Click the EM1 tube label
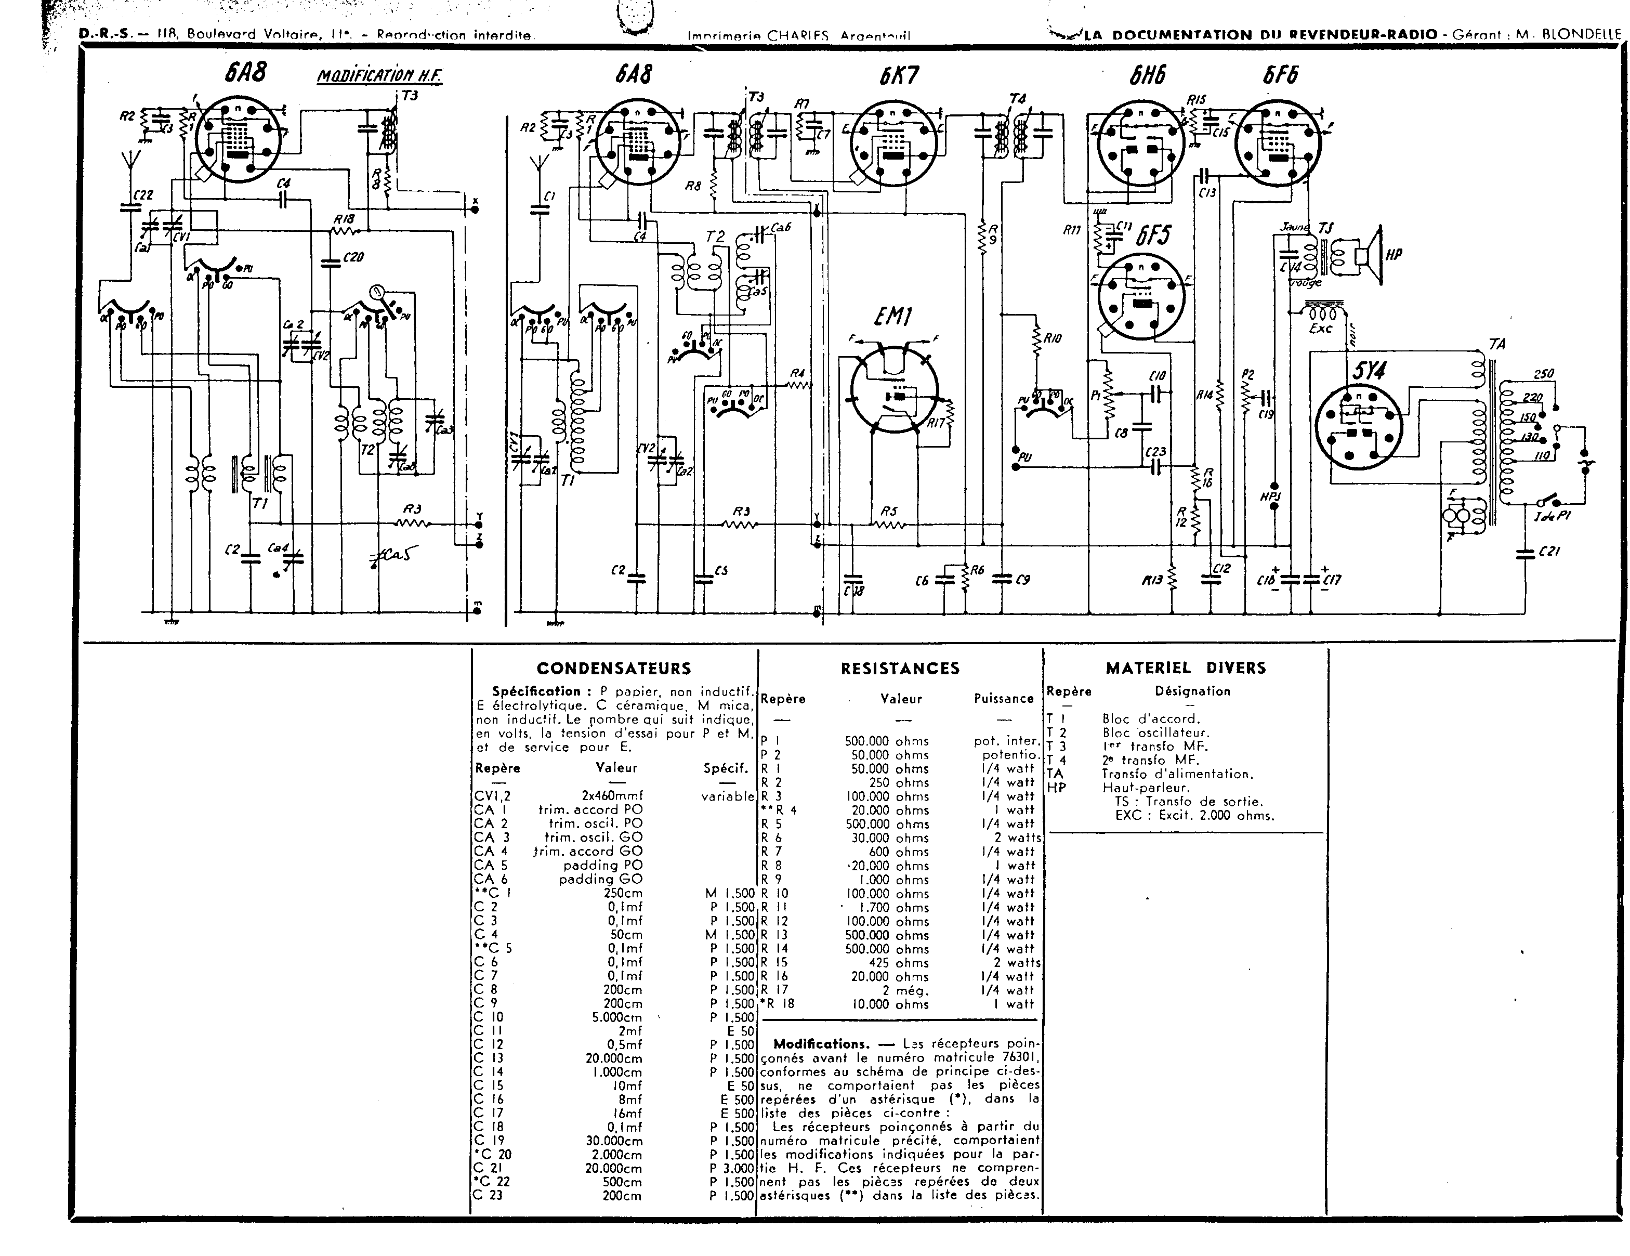click(x=893, y=319)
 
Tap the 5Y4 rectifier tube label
click(x=1368, y=371)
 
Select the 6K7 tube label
click(x=899, y=75)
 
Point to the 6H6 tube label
click(x=1147, y=75)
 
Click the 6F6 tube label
click(x=1280, y=75)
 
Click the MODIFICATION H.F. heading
click(x=379, y=76)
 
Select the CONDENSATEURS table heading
click(x=613, y=669)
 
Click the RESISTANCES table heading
click(x=900, y=669)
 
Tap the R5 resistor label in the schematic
click(x=888, y=511)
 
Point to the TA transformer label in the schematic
click(x=1496, y=344)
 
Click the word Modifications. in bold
click(x=821, y=1044)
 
